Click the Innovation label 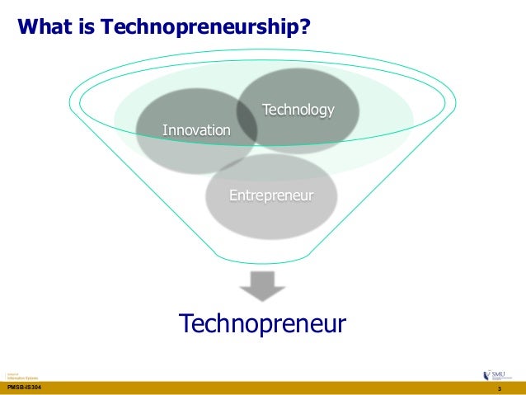pos(196,130)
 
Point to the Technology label pos(298,111)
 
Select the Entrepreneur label pos(271,195)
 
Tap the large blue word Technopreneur pos(263,322)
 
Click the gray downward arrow pos(262,285)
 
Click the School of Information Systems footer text pos(17,374)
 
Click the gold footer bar pos(264,388)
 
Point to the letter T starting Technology pos(265,110)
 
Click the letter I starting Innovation pos(164,130)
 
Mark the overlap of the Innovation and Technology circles pos(247,124)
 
